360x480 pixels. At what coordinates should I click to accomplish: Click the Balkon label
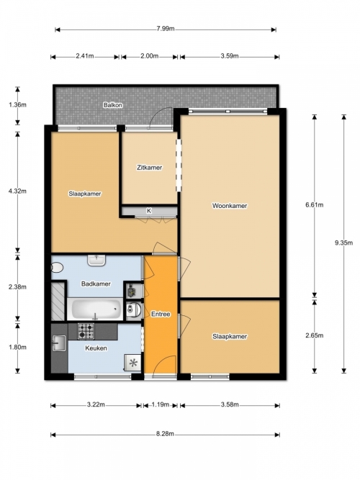[113, 105]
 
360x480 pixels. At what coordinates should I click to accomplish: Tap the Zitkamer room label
[149, 168]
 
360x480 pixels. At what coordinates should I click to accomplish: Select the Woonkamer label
[230, 206]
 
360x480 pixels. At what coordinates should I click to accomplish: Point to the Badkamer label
[96, 284]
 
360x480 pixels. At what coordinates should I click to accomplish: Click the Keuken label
[96, 348]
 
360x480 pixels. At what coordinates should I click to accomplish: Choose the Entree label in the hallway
[161, 314]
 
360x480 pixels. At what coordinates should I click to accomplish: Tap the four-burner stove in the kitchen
[86, 331]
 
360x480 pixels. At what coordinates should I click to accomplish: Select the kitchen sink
[59, 343]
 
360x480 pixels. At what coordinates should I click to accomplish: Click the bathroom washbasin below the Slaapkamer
[96, 261]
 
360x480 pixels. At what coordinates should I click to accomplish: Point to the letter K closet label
[149, 211]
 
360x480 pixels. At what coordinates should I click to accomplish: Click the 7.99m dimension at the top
[166, 29]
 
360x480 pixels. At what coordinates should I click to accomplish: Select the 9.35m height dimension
[343, 243]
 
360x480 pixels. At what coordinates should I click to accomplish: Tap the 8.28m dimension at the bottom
[165, 434]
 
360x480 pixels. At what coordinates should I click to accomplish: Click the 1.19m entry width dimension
[161, 404]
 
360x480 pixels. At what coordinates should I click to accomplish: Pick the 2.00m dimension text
[150, 56]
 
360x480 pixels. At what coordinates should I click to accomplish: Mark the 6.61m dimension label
[315, 205]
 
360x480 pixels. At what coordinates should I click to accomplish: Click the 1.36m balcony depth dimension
[17, 104]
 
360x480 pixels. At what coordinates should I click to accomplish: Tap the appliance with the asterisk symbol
[133, 363]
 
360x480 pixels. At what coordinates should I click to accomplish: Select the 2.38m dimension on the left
[17, 287]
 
